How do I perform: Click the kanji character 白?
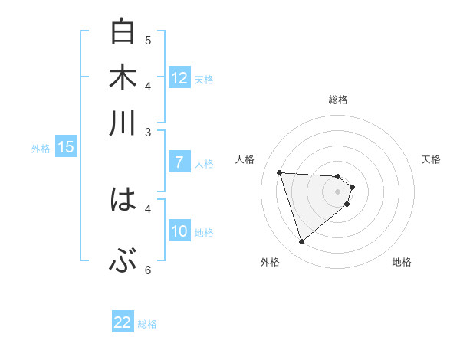tap(123, 33)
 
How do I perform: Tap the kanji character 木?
tap(123, 78)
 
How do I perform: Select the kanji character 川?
tap(123, 123)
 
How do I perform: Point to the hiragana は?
tap(123, 200)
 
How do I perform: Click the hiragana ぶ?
tap(123, 261)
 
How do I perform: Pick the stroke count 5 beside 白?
tap(148, 40)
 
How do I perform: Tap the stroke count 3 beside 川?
tap(148, 132)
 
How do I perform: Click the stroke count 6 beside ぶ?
tap(148, 270)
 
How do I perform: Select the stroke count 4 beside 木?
tap(148, 85)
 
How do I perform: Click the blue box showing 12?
tap(179, 77)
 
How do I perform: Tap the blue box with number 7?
tap(179, 162)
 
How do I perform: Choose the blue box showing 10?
tap(179, 231)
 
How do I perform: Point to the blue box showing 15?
tap(65, 147)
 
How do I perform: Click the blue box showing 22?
tap(123, 322)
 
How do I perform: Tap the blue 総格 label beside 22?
tap(148, 324)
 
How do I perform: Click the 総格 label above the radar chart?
tap(338, 100)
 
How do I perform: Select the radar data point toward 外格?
tap(302, 242)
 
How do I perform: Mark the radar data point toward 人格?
tap(280, 172)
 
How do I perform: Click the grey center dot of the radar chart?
tap(338, 191)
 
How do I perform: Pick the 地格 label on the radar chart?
tap(402, 262)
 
